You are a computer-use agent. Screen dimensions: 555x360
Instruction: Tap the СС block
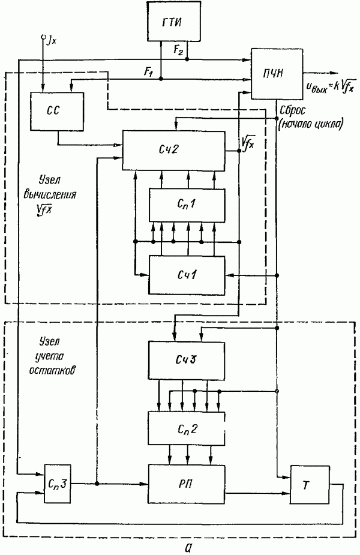point(56,111)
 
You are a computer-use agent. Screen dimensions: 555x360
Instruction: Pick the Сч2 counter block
point(177,149)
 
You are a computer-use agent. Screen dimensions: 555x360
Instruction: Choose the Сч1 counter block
point(187,274)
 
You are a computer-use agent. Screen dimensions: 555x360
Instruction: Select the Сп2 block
point(187,428)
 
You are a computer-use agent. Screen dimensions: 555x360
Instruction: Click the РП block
point(187,484)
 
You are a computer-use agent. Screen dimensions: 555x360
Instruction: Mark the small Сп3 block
point(58,484)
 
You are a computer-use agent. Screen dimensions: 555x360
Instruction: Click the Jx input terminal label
point(50,40)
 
